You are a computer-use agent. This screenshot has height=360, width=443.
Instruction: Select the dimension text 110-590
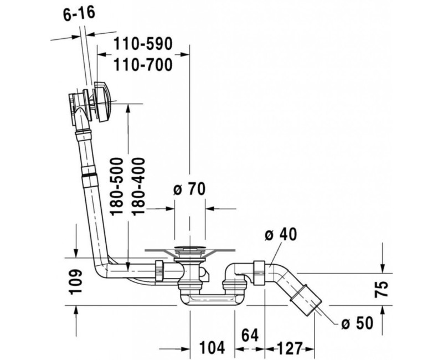[x=143, y=43]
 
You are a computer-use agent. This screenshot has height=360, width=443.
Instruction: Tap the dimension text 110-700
[x=143, y=65]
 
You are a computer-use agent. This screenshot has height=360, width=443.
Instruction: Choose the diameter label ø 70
[x=189, y=189]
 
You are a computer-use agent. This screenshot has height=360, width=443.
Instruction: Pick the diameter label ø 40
[x=281, y=234]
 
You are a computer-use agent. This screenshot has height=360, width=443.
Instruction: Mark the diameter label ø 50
[x=357, y=322]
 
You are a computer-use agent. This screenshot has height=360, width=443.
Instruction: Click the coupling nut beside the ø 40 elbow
[x=257, y=268]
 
